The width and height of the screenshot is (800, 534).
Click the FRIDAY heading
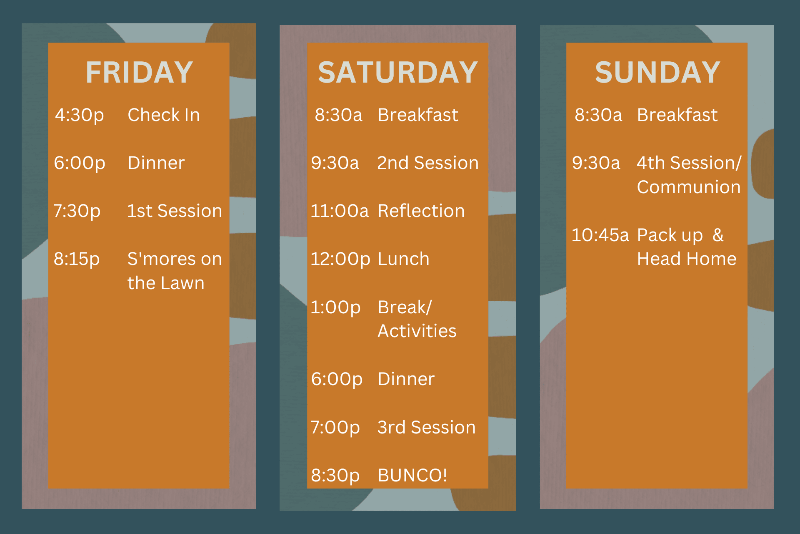(x=139, y=72)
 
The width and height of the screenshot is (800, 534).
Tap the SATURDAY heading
(x=397, y=72)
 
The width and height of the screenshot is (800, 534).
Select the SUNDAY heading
(x=657, y=72)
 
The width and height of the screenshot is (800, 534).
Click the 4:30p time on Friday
(x=80, y=115)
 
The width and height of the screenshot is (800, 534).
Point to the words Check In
(x=164, y=115)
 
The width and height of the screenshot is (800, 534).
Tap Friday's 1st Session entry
(x=175, y=211)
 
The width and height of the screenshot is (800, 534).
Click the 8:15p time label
(x=77, y=259)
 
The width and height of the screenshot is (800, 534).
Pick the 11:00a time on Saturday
(x=340, y=211)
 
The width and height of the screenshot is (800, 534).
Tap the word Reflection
(x=421, y=211)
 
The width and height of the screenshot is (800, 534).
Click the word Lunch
(x=403, y=259)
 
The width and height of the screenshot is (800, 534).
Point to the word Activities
(x=417, y=331)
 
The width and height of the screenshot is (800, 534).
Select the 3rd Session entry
(x=426, y=427)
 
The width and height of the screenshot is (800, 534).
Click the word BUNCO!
(x=412, y=475)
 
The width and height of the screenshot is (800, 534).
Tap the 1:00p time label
(x=335, y=307)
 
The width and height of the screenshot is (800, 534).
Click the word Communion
(x=689, y=187)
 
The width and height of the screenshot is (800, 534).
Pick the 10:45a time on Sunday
(x=600, y=235)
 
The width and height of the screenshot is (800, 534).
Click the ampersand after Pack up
(x=718, y=235)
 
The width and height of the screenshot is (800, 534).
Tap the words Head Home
(x=687, y=259)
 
